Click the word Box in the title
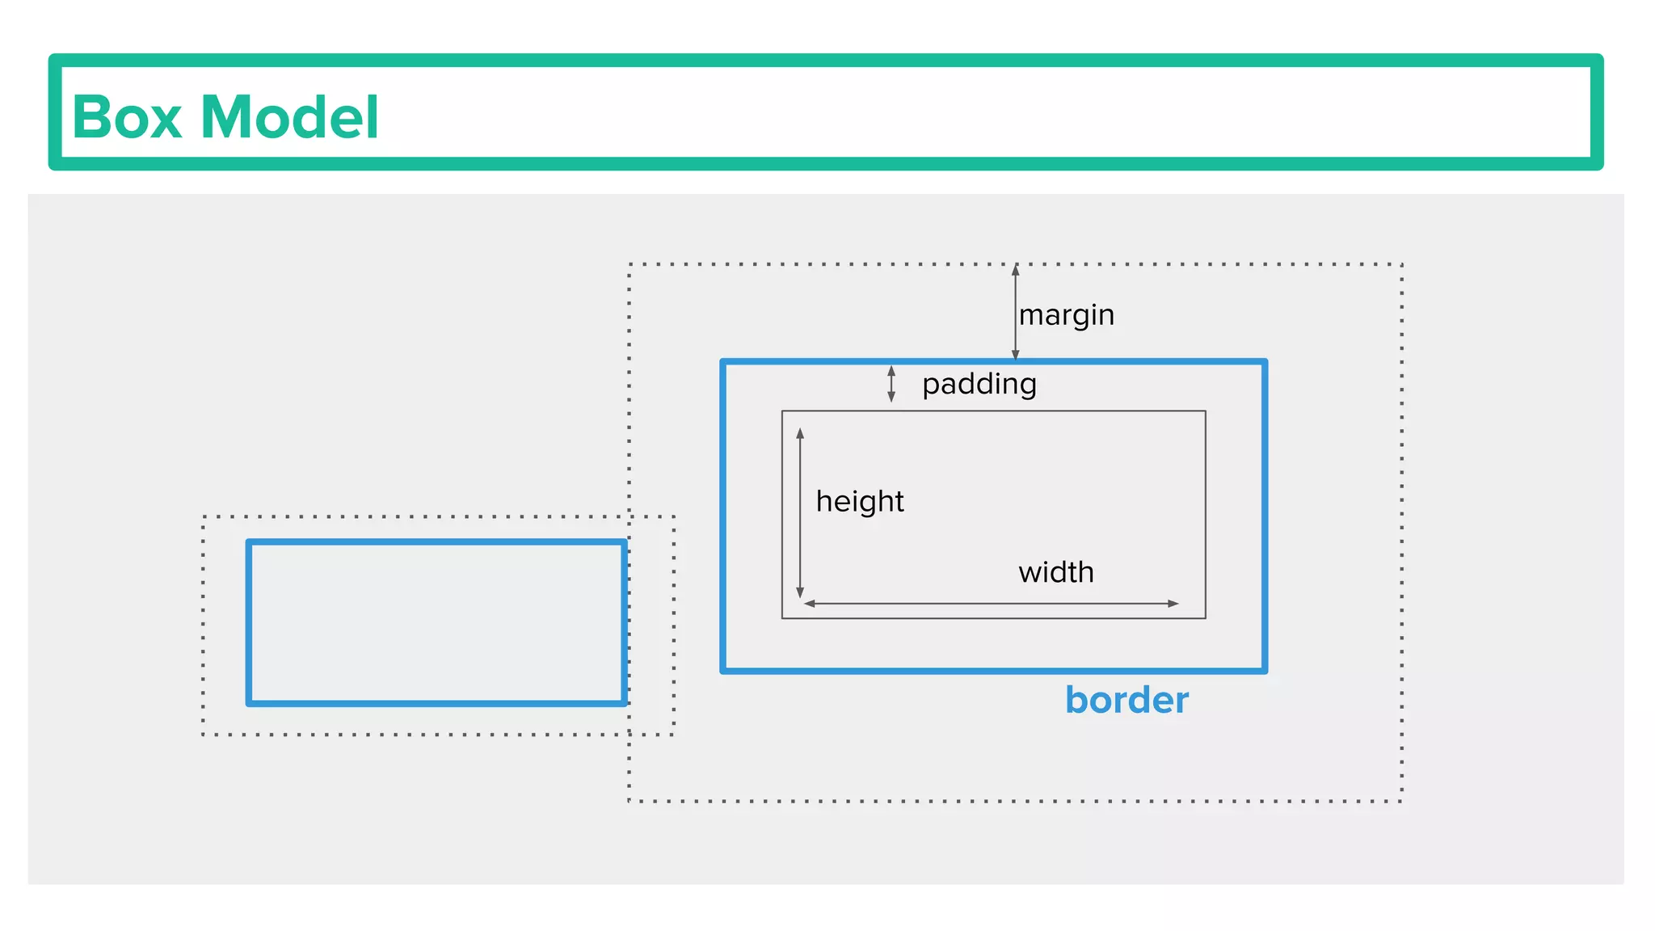click(x=126, y=117)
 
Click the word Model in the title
click(x=289, y=117)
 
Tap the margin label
click(x=1066, y=314)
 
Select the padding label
click(x=979, y=383)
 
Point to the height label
click(x=859, y=501)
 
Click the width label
click(x=1055, y=572)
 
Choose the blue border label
click(x=1126, y=700)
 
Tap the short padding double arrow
click(x=891, y=384)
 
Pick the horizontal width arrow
click(x=991, y=604)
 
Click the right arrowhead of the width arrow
click(x=1173, y=604)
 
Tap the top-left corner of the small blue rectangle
click(x=250, y=542)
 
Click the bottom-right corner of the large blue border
click(x=1265, y=670)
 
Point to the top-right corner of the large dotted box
click(x=1401, y=264)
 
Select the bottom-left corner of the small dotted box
click(x=204, y=735)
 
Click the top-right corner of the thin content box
click(x=1206, y=411)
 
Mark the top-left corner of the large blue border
click(x=723, y=362)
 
